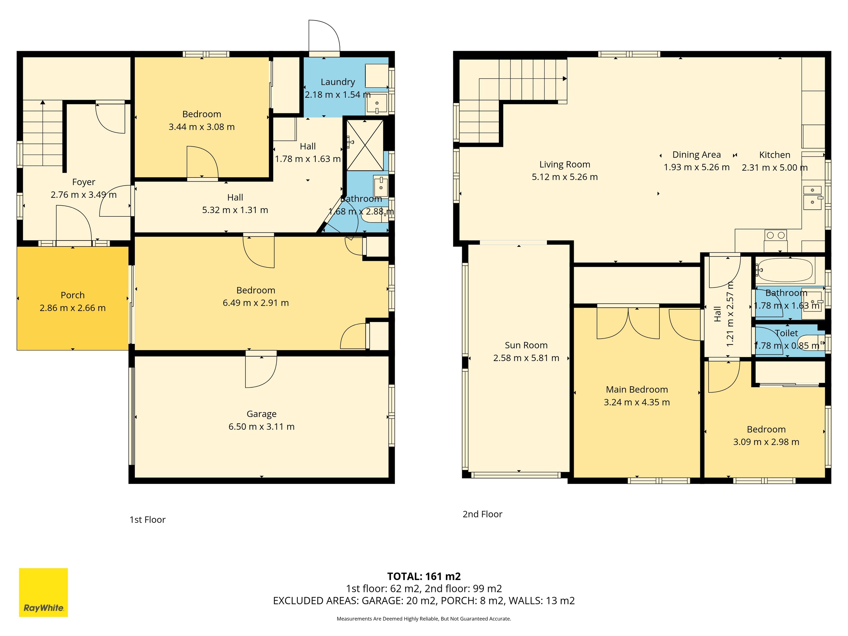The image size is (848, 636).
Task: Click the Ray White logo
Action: pos(43,592)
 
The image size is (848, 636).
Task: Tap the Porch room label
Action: pos(73,295)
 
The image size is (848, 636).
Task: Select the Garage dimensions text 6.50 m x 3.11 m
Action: pos(261,427)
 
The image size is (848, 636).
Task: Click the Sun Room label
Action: pos(526,345)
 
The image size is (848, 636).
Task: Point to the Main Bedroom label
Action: pos(637,390)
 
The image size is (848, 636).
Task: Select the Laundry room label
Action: pos(338,82)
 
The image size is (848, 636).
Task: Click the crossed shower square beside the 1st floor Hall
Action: pos(365,145)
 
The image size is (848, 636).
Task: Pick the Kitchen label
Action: pos(775,155)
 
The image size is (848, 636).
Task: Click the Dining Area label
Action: pos(697,155)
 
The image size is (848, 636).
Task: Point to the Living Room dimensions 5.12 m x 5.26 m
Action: pos(565,177)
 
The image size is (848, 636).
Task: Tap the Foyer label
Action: pos(83,182)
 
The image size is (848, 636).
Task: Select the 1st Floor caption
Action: pos(148,520)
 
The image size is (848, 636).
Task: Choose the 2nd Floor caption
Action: pos(482,514)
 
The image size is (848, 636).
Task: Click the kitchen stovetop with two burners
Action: pos(775,235)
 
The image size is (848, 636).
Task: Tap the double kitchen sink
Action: pos(812,198)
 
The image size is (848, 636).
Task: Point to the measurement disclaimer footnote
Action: pos(424,619)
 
